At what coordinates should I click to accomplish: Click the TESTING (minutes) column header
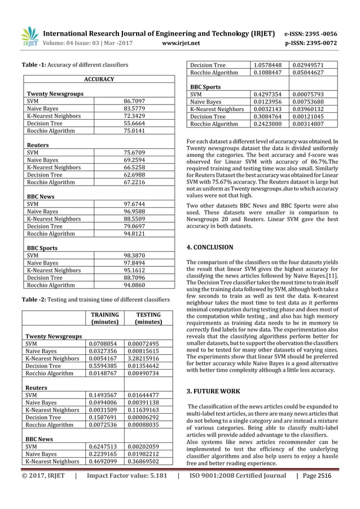coord(148,318)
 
